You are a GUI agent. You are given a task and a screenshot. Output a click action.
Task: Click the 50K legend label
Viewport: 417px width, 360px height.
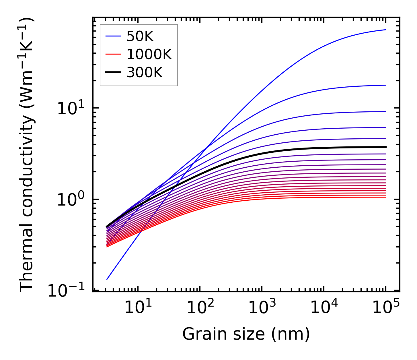click(140, 36)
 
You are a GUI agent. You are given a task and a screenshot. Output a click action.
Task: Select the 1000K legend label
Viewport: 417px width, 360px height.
click(149, 55)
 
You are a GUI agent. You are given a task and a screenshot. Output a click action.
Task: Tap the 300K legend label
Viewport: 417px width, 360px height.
click(145, 73)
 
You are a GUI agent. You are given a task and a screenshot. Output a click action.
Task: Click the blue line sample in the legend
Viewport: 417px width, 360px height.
click(114, 36)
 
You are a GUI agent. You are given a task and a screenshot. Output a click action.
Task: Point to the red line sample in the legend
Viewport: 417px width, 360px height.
click(114, 55)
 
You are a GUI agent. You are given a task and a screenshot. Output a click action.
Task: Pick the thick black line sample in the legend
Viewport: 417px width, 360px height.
click(114, 73)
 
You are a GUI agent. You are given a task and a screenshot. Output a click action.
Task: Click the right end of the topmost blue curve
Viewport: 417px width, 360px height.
click(386, 30)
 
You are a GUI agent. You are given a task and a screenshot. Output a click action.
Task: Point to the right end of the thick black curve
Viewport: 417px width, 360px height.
click(386, 147)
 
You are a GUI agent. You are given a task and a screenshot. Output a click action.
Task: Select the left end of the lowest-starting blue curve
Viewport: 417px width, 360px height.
click(107, 279)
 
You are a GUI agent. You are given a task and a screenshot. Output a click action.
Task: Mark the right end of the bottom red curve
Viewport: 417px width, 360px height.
click(386, 197)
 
